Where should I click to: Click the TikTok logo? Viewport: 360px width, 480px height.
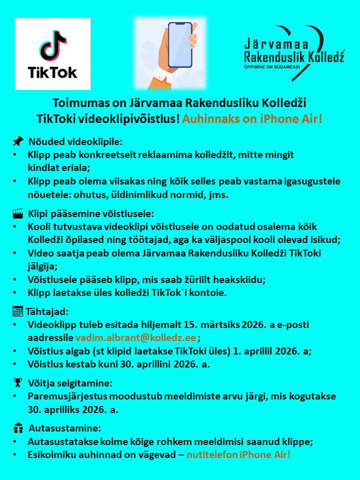(x=52, y=54)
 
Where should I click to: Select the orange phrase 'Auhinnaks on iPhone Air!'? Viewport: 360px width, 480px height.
(x=252, y=119)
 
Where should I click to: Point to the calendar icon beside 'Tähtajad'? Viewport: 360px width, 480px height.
(x=17, y=311)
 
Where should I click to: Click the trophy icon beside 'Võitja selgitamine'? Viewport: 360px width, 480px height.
(x=18, y=383)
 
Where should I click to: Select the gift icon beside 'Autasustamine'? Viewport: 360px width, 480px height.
(x=18, y=428)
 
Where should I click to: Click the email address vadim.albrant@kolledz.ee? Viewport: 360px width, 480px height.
(x=135, y=337)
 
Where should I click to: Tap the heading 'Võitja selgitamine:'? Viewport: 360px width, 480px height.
(x=70, y=383)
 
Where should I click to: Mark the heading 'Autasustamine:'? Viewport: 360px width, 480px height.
(x=65, y=428)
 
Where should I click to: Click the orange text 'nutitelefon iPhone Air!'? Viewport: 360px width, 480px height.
(x=238, y=454)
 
